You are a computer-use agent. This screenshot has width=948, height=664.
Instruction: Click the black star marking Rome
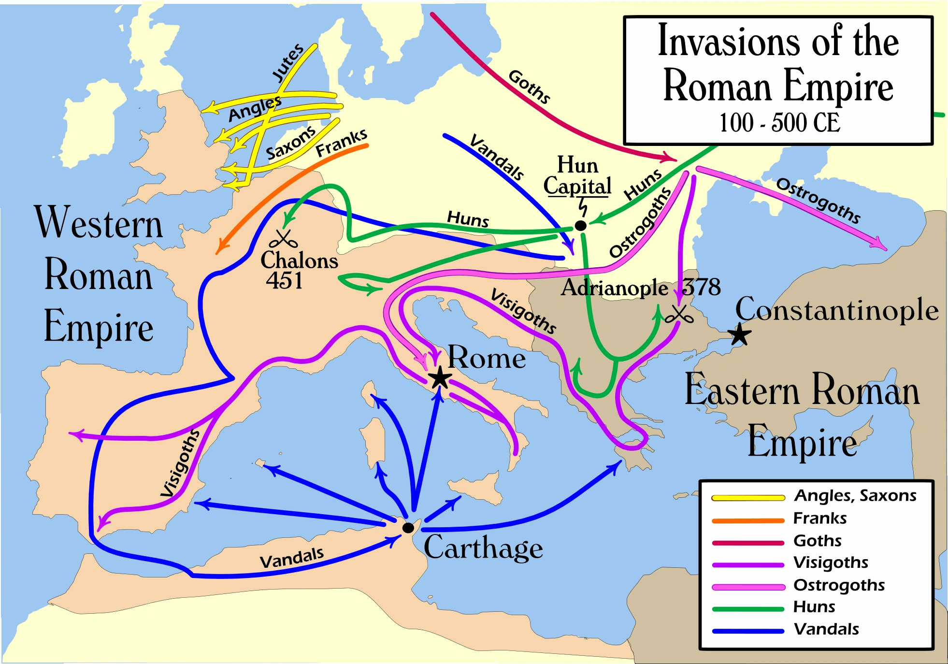coord(440,377)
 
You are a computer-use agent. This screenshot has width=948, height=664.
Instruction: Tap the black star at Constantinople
coord(739,334)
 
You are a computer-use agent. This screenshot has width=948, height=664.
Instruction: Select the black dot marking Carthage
coord(408,528)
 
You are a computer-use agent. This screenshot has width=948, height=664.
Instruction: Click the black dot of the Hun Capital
coord(581,226)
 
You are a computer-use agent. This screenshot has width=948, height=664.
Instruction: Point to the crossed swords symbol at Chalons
coord(284,238)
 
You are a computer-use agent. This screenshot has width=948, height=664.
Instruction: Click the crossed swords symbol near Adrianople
coord(679,315)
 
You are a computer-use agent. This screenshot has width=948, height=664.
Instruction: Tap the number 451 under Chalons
coord(284,280)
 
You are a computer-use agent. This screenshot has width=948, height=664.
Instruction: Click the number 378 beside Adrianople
coord(701,287)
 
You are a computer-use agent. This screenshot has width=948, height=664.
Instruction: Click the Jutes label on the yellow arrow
coord(288,63)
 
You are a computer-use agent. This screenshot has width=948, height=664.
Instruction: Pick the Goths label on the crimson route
coord(529,87)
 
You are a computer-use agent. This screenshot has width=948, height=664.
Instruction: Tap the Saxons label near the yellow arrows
coord(291,144)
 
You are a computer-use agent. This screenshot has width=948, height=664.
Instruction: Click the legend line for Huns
coord(748,609)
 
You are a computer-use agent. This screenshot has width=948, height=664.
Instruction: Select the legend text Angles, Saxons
coord(855,495)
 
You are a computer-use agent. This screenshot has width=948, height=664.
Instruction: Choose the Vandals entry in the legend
coord(826,629)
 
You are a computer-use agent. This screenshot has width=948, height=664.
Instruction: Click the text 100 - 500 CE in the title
coord(779,123)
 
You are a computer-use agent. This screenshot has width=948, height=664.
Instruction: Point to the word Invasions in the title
coord(730,43)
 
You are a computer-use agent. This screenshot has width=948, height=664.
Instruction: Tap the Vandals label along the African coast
coord(291,558)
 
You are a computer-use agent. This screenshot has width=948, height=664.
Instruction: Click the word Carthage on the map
coord(483,548)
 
